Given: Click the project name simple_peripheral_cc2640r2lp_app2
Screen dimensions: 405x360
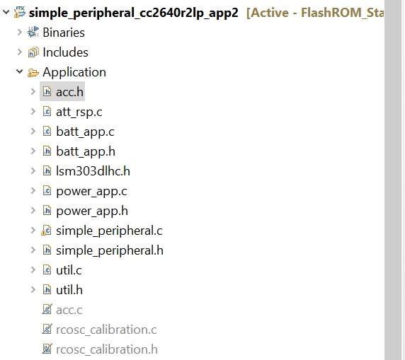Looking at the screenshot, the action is tap(133, 13).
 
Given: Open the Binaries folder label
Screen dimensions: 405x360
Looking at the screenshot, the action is tap(64, 33).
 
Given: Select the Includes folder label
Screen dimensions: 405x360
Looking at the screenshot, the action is tap(65, 52).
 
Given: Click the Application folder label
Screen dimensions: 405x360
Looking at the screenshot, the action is tap(74, 72).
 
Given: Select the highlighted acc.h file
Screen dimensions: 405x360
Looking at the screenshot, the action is tap(69, 92).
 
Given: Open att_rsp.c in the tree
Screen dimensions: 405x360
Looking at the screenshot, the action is tap(79, 112).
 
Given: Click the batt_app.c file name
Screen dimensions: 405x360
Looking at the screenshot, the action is tap(85, 132).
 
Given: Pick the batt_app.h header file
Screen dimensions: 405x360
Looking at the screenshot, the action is tap(86, 151).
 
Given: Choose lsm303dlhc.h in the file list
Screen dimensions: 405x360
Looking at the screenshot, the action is tap(93, 171).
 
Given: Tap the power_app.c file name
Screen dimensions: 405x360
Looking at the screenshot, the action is tap(91, 191).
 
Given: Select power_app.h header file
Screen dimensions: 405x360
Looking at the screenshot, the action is tap(92, 211).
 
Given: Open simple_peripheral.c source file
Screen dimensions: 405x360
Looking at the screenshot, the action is tap(109, 231).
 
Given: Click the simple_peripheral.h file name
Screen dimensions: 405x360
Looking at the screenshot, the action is tap(110, 250).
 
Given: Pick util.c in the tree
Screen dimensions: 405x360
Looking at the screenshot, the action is tap(69, 270).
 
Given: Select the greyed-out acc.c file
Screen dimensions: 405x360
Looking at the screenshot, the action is tap(69, 310).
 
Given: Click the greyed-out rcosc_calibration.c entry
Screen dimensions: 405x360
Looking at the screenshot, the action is tap(106, 330).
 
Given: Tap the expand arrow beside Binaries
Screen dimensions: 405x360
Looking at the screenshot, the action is tap(20, 33).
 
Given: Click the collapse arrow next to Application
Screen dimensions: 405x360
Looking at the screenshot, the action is tap(20, 71).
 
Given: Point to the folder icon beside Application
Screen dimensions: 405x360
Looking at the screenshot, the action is tap(33, 73).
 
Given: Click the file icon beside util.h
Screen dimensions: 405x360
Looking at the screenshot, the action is tap(47, 289).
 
